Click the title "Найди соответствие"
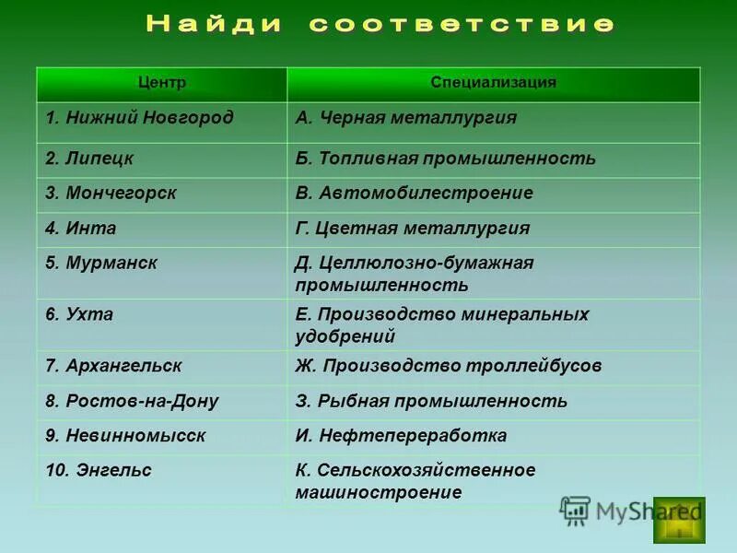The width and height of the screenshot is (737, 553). pos(379,25)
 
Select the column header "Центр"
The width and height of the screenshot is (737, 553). pos(162,83)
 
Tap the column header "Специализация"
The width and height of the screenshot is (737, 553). pos(493,83)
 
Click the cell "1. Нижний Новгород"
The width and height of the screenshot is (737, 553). pos(140,118)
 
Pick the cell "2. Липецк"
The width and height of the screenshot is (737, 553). pos(90,159)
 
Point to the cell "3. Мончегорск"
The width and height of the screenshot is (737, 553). pos(111,194)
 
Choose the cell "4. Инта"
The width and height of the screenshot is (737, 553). pos(81,229)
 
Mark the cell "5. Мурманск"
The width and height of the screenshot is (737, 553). pos(102,264)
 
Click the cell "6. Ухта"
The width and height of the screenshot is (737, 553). pos(80,314)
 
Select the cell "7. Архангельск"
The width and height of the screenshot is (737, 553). pos(114,366)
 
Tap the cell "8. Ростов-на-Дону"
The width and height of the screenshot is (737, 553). pos(133,401)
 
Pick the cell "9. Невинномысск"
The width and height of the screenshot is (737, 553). pos(126,436)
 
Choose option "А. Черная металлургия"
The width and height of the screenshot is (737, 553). pos(406,118)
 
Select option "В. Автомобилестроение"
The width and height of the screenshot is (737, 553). pos(414,194)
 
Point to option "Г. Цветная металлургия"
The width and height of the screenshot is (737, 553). pos(413,229)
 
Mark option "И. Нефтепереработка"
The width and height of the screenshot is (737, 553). pos(401,436)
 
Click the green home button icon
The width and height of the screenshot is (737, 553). pos(679,521)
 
